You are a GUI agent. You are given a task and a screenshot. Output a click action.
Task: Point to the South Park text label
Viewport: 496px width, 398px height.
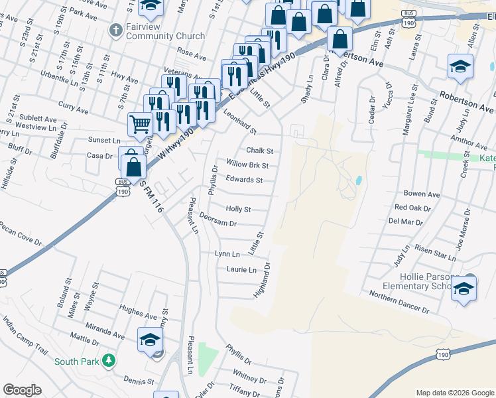[76, 362]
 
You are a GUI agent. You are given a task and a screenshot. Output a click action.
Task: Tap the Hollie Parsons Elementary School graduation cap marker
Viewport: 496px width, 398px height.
[464, 289]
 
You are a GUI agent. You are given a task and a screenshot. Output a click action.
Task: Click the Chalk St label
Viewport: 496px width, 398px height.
[260, 151]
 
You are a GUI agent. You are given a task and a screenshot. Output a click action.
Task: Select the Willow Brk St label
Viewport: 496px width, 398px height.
[247, 165]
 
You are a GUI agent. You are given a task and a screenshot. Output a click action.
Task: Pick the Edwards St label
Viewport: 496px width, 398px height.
[244, 180]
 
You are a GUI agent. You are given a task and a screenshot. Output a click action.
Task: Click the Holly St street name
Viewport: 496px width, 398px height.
[238, 209]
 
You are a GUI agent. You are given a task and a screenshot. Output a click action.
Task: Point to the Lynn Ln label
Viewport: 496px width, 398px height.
[227, 254]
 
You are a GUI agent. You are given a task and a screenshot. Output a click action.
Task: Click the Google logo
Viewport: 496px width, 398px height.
[22, 390]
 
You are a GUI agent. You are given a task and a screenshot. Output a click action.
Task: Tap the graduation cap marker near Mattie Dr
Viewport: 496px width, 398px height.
[151, 339]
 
